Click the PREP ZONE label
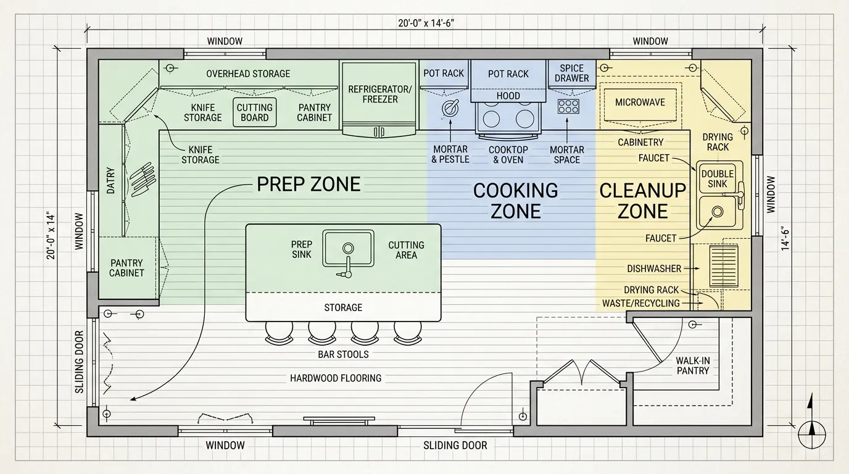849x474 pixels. (309, 185)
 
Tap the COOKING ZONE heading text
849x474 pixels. (515, 201)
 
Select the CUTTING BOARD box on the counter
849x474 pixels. (255, 112)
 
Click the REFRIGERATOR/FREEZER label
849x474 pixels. (380, 94)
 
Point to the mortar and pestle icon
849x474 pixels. (450, 107)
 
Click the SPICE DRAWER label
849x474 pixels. (572, 73)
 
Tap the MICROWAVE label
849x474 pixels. (640, 102)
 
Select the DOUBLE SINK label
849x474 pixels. (718, 179)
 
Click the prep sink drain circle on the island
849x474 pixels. (348, 248)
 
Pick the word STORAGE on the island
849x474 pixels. (343, 307)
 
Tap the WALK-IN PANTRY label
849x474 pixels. (693, 365)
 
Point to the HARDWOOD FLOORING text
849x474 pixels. (336, 378)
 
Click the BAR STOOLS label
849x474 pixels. (343, 354)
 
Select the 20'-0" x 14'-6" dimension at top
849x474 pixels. (426, 23)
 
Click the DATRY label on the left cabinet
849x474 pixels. (110, 180)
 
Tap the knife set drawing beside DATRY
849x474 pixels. (143, 180)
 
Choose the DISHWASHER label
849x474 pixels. (654, 269)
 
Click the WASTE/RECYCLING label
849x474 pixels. (641, 304)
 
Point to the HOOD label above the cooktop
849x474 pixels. (508, 96)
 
